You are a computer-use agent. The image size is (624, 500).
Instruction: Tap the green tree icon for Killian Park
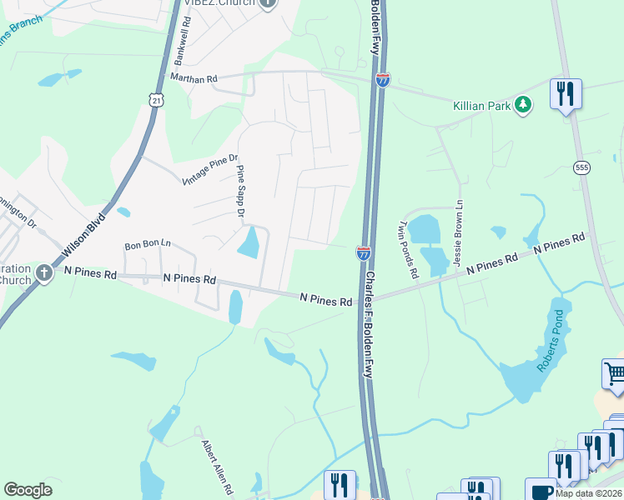pos(523,105)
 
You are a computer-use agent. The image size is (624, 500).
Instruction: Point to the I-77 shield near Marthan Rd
pos(382,80)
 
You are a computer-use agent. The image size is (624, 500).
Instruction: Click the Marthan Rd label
pos(194,78)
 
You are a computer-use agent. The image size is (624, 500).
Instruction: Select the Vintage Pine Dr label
pos(209,170)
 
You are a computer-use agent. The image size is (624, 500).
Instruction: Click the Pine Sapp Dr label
pos(240,192)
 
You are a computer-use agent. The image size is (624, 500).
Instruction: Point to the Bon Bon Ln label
pos(147,245)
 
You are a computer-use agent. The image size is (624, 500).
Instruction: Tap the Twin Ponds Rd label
pos(408,249)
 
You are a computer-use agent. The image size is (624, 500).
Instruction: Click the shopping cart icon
pos(614,373)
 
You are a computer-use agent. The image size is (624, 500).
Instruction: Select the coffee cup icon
pos(538,490)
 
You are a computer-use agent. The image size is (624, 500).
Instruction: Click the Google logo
pos(28,490)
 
